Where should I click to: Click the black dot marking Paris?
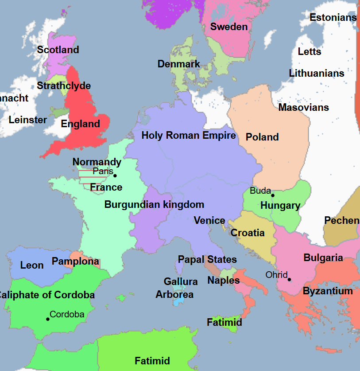[x=115, y=176]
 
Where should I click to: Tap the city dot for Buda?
[x=273, y=195]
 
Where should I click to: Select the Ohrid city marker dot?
[x=289, y=279]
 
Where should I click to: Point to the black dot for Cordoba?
[x=48, y=319]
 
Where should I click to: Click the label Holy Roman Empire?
[x=188, y=135]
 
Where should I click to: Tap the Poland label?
[x=262, y=137]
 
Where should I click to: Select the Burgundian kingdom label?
[x=154, y=204]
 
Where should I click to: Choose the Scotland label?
[x=58, y=50]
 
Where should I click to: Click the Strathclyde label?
[x=64, y=86]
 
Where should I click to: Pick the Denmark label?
[x=179, y=64]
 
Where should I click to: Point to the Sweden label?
[x=228, y=27]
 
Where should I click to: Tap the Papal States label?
[x=207, y=259]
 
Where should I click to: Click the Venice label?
[x=209, y=220]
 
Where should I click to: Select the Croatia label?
[x=248, y=233]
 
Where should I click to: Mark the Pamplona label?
[x=75, y=261]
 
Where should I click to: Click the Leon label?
[x=32, y=265]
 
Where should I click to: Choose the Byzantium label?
[x=328, y=291]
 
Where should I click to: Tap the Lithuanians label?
[x=316, y=73]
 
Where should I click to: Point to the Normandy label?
[x=97, y=162]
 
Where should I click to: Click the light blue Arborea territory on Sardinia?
[x=178, y=302]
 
